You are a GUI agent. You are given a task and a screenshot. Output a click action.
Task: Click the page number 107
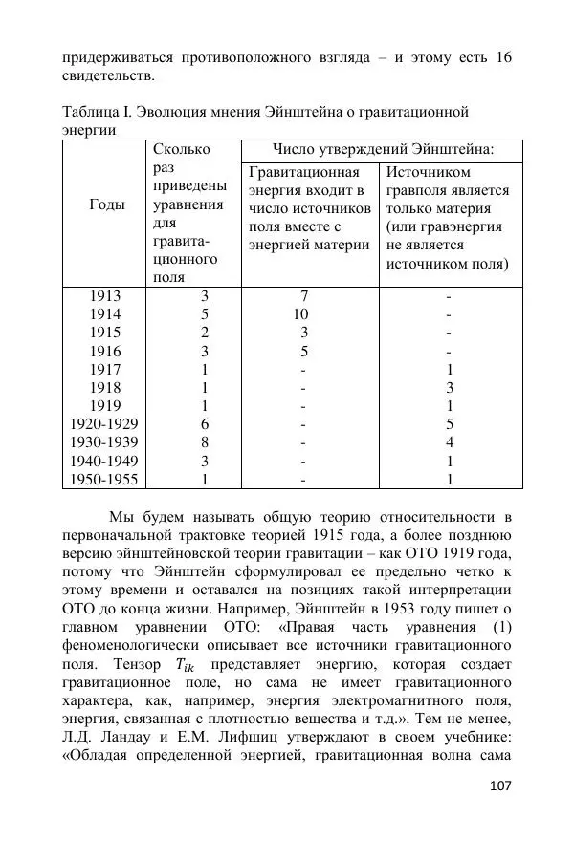tap(499, 785)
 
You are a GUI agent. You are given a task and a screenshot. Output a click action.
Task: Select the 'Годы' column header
tap(106, 204)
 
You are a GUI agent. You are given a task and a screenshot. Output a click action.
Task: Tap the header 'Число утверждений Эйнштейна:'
tap(383, 149)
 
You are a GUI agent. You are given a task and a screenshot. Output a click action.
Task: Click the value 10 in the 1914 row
tap(301, 314)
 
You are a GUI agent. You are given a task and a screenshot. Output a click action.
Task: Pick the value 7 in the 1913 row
tap(303, 296)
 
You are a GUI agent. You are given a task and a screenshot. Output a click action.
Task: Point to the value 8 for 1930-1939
tap(204, 442)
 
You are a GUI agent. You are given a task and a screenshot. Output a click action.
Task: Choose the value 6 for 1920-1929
tap(204, 424)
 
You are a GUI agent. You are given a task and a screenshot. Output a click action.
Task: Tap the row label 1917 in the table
tap(105, 370)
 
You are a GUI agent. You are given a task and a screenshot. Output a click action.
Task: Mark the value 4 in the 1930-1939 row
tap(449, 442)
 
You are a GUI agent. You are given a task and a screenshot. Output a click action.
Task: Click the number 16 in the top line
tap(502, 57)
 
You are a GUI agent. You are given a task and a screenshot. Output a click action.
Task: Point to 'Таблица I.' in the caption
tap(98, 113)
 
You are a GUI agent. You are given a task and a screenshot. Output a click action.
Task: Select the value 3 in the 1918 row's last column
tap(449, 388)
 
